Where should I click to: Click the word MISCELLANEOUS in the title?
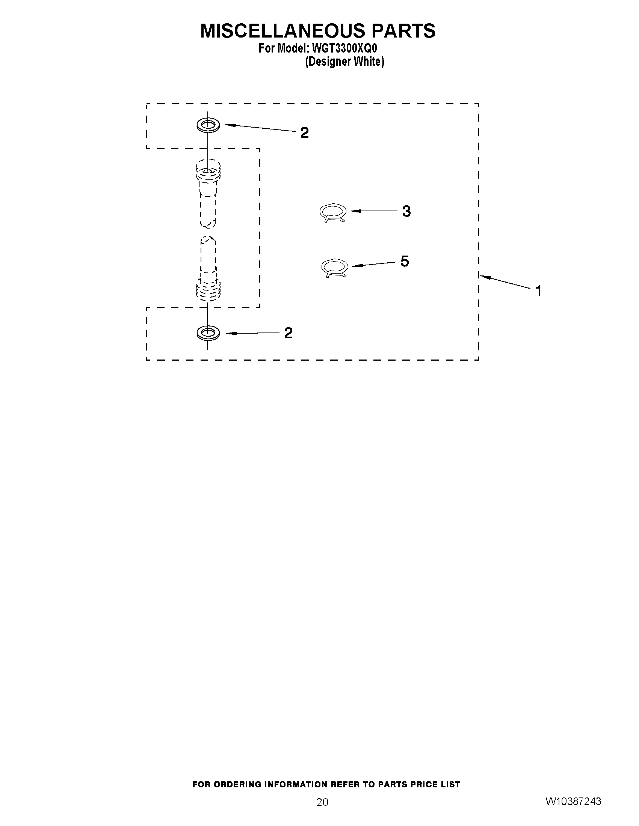[x=283, y=31]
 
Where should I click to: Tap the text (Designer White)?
[x=344, y=62]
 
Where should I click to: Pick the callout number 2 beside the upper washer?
[x=304, y=133]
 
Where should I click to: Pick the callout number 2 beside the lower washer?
[x=288, y=333]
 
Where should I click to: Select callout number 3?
[x=406, y=211]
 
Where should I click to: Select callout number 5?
[x=405, y=261]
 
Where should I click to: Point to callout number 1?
[x=538, y=291]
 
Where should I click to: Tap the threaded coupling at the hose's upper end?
[x=208, y=171]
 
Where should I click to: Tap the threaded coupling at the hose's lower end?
[x=208, y=290]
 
